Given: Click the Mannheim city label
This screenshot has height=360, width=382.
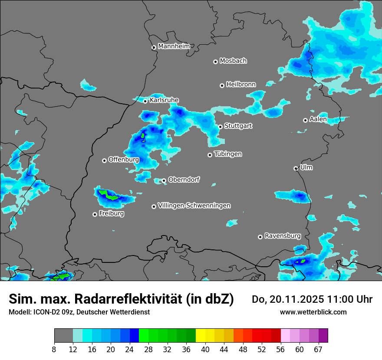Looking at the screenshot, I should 174,46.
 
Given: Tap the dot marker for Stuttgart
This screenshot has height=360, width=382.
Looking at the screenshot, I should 221,127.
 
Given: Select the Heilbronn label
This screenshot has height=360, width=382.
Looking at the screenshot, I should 241,85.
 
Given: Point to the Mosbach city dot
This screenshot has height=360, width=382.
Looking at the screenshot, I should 215,62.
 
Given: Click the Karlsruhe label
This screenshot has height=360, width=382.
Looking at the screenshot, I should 164,100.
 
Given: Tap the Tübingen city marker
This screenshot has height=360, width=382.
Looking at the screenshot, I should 210,155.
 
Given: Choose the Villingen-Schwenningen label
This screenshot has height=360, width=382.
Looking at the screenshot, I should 194,206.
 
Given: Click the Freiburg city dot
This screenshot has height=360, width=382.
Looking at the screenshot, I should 95,214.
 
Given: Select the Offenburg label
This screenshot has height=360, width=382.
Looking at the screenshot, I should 124,160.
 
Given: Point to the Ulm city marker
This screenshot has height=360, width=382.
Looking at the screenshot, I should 296,168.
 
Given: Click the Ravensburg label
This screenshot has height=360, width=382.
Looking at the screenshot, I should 283,236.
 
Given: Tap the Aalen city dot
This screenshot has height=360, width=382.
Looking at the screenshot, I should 305,120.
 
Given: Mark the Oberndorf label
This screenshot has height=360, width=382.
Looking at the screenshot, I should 184,180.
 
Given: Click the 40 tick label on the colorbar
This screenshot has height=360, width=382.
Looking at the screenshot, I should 205,349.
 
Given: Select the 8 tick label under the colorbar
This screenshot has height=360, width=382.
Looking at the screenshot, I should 54,349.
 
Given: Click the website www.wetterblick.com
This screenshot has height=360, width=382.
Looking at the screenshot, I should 313,312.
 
